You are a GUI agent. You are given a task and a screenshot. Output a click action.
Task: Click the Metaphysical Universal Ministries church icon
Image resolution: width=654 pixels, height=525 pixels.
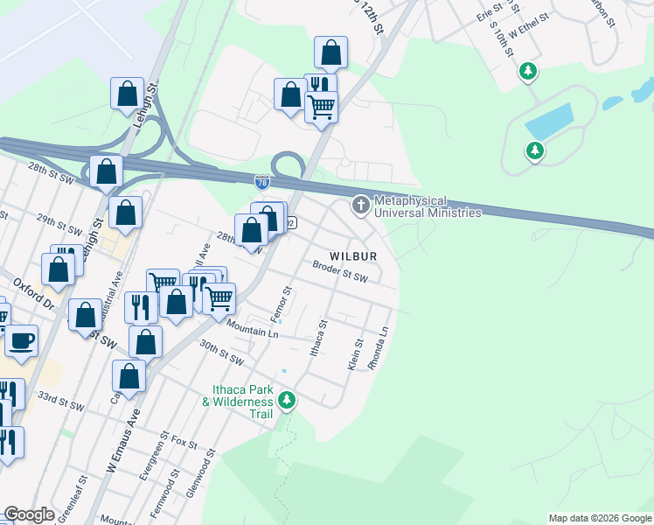coord(359,206)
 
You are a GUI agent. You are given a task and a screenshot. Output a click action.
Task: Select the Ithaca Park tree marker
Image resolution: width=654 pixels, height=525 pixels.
coord(288,401)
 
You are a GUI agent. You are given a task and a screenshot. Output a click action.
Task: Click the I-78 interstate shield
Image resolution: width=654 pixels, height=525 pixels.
coord(262,182)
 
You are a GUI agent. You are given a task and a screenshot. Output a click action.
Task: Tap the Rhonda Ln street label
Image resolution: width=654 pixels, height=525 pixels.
coord(379,349)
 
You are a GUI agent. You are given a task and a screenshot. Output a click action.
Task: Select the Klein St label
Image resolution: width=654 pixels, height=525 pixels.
coord(355,353)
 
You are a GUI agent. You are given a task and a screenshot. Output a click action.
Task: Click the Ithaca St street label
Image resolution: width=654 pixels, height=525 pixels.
coord(320,337)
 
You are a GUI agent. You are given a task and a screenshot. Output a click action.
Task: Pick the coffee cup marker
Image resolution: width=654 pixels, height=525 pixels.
coord(21,340)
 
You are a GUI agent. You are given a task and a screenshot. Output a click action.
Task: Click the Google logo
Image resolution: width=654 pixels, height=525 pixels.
coord(29,514)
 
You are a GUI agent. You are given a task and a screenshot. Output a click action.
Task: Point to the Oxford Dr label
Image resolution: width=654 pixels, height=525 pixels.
coord(34,293)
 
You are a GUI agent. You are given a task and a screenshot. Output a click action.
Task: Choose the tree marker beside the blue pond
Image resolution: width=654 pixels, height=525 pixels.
coord(534,151)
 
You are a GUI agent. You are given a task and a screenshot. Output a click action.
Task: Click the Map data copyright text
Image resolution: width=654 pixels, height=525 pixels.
coord(600,518)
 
